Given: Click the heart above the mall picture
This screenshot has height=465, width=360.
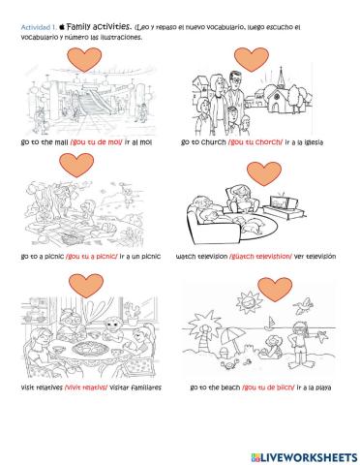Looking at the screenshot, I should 86,61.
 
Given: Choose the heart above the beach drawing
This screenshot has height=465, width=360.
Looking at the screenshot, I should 278,288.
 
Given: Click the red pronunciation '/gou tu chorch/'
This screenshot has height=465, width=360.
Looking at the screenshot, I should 255,142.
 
